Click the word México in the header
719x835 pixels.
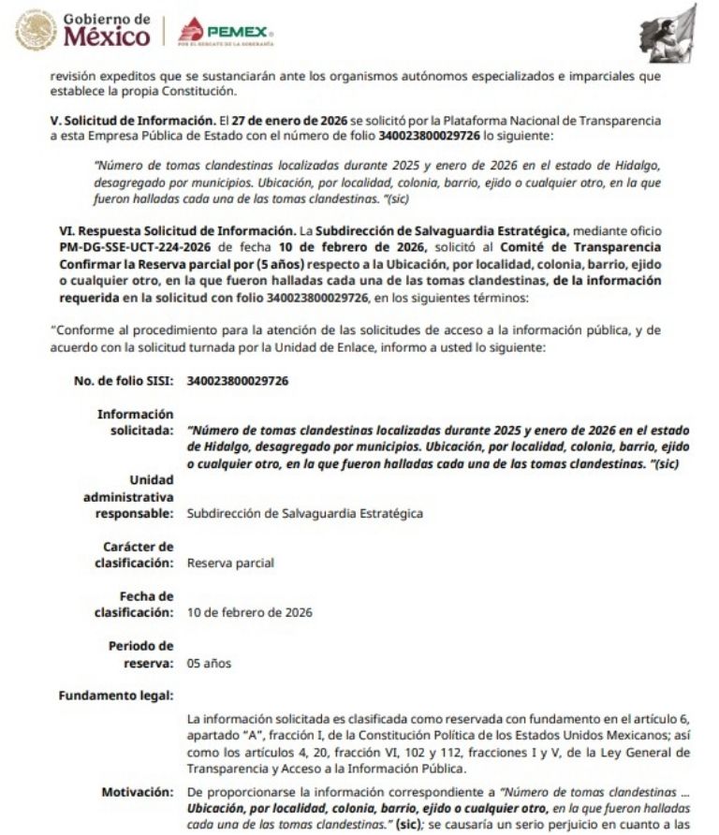pyautogui.click(x=106, y=38)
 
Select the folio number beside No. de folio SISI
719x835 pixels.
pyautogui.click(x=238, y=381)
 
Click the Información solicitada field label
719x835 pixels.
pyautogui.click(x=138, y=421)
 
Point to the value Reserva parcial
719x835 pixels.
pyautogui.click(x=230, y=564)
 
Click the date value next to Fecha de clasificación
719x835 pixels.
pyautogui.click(x=250, y=612)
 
